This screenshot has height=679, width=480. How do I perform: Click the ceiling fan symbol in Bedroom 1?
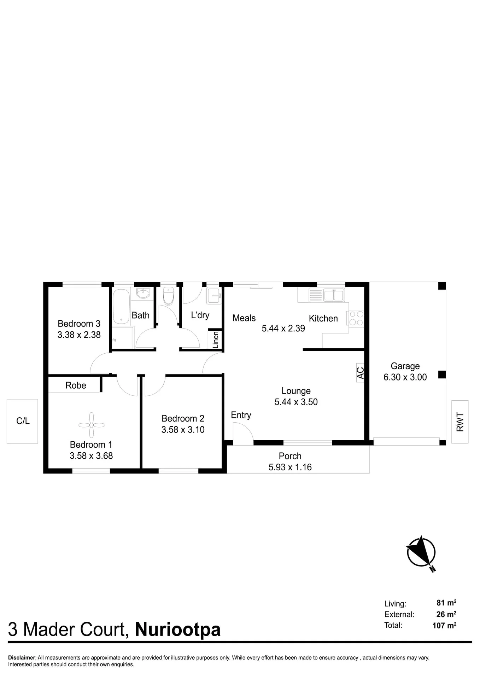[x=92, y=425]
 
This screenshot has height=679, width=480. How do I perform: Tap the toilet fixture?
[x=169, y=296]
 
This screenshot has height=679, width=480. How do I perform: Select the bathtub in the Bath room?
[x=121, y=307]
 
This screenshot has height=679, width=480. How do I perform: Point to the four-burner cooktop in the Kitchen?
[x=356, y=318]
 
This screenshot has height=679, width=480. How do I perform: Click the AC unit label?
[x=360, y=373]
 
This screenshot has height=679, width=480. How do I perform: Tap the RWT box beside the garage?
[x=460, y=422]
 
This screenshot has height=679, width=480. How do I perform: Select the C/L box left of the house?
[x=22, y=421]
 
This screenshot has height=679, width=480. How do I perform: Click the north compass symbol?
[x=421, y=554]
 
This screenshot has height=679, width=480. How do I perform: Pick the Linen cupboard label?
[x=216, y=339]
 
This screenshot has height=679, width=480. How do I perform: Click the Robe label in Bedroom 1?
[x=76, y=385]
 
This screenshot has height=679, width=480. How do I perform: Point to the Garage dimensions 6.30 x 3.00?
[x=405, y=377]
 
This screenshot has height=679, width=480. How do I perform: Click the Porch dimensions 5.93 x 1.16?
[x=290, y=467]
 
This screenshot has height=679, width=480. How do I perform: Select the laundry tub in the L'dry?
[x=214, y=296]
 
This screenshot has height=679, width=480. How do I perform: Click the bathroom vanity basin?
[x=143, y=293]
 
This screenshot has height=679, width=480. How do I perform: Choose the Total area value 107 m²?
[x=444, y=625]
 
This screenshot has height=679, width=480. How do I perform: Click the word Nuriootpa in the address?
[x=178, y=630]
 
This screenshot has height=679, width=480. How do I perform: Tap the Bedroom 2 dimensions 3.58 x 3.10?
[x=183, y=429]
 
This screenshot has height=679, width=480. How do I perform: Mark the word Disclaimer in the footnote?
[x=22, y=658]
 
